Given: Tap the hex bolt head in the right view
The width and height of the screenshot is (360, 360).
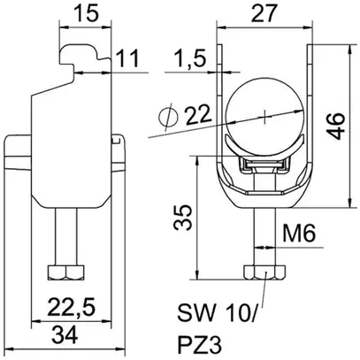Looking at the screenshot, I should pyautogui.click(x=265, y=268).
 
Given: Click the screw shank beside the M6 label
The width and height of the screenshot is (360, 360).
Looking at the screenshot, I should pyautogui.click(x=265, y=234).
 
